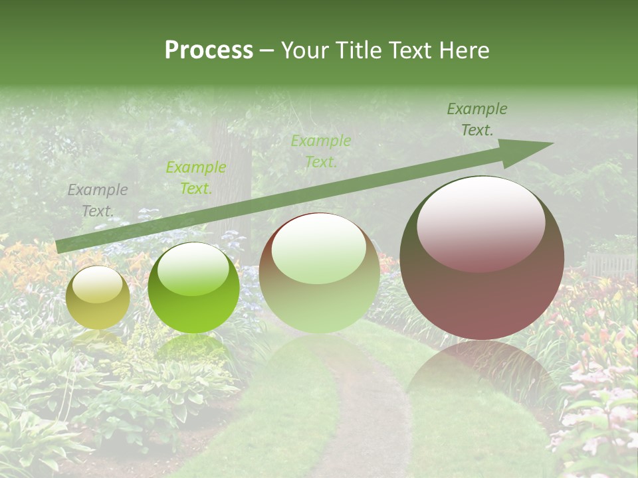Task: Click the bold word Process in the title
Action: pyautogui.click(x=209, y=50)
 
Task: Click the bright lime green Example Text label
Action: pyautogui.click(x=195, y=178)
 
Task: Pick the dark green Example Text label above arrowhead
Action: pyautogui.click(x=477, y=119)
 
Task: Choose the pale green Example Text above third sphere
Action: pyautogui.click(x=320, y=151)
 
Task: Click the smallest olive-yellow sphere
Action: pyautogui.click(x=98, y=299)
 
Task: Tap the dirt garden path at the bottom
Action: pyautogui.click(x=359, y=425)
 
